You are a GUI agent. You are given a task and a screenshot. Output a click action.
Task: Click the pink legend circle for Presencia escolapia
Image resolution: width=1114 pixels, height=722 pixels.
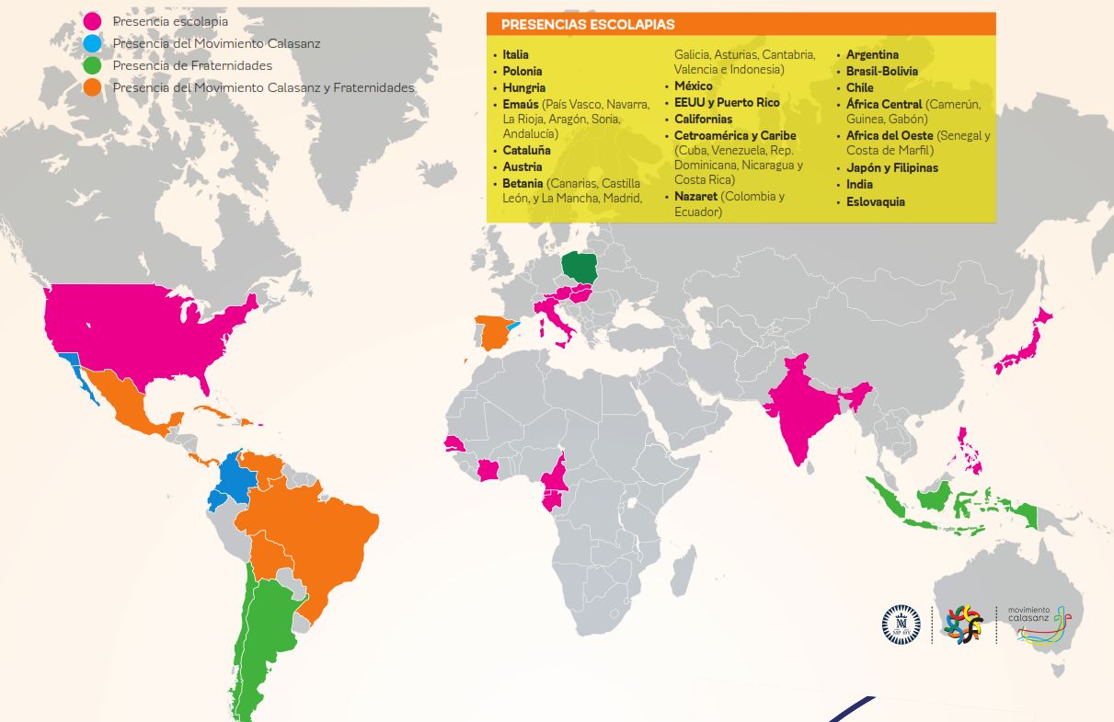[x=92, y=21]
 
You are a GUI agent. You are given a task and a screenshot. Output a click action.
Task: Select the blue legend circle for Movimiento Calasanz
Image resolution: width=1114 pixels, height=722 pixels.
[x=92, y=43]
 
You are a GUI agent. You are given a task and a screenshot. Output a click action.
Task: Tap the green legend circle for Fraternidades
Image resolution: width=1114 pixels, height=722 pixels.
[x=92, y=65]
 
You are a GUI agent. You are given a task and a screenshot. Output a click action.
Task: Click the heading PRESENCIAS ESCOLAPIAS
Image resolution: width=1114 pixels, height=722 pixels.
[x=588, y=25]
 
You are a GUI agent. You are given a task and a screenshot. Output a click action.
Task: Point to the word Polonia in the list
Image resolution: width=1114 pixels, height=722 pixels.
[x=523, y=71]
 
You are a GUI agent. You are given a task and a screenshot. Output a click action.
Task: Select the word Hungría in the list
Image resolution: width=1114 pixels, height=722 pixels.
[x=523, y=87]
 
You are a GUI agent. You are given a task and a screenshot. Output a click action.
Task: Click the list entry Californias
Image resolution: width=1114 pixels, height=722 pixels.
[x=703, y=119]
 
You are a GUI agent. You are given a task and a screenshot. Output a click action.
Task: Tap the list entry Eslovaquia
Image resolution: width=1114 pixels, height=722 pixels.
[x=876, y=201]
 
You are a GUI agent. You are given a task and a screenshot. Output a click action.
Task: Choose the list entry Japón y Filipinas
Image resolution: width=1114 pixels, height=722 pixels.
[x=891, y=167]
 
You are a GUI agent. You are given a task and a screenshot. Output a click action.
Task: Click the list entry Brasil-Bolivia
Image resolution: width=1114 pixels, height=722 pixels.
[x=881, y=71]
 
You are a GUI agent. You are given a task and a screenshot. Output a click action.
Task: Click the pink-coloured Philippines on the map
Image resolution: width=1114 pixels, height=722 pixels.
[x=968, y=451]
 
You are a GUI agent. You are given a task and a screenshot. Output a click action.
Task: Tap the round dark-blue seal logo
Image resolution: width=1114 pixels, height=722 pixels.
[x=901, y=625]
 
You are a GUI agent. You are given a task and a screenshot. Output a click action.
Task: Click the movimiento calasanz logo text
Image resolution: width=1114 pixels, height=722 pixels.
[x=1028, y=613]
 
